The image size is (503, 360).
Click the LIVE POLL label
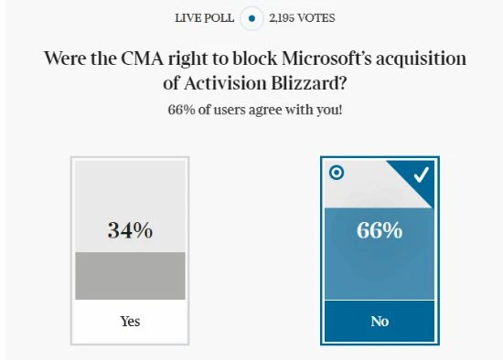(203, 17)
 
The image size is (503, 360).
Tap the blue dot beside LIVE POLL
(251, 17)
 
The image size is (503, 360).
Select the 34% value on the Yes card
(130, 230)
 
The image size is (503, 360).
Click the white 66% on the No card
(379, 230)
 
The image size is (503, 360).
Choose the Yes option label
(130, 322)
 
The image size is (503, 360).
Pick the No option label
(379, 322)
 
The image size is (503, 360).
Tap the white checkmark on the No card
(421, 175)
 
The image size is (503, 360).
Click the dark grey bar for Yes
(130, 275)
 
